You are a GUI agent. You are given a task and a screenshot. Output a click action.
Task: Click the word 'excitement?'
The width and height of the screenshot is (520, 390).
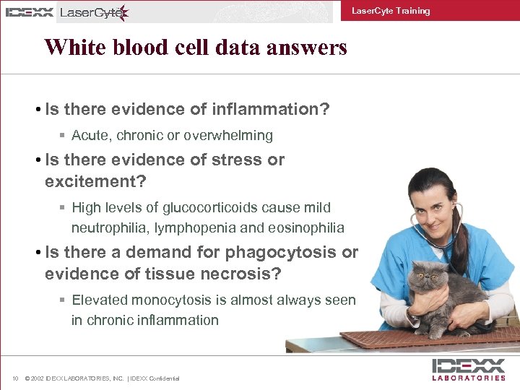point(90,181)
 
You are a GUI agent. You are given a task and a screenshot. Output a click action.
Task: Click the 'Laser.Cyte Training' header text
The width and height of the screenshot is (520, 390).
point(390,11)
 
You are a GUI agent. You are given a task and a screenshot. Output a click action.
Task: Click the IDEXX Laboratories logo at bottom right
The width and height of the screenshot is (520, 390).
point(468,369)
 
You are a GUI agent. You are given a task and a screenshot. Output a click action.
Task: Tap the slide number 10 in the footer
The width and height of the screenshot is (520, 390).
point(15,378)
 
